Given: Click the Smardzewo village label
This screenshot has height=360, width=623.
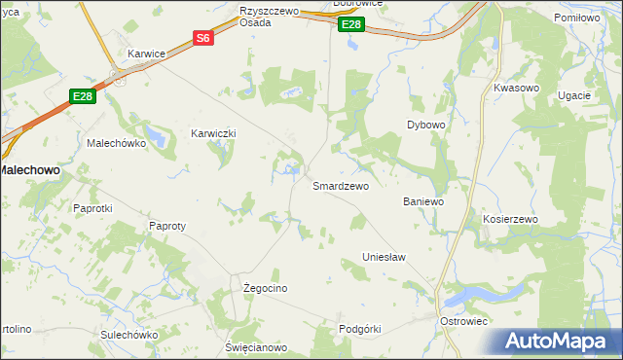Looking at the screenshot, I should click(340, 186).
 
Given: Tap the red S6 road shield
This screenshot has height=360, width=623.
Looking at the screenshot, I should click(202, 39).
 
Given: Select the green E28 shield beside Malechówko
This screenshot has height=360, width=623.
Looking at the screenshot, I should click(82, 95).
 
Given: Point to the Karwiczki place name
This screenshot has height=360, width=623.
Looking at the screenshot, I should click(214, 133).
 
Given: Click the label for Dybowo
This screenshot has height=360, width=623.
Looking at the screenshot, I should click(425, 126).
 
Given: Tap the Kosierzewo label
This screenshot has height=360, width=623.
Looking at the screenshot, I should click(510, 220).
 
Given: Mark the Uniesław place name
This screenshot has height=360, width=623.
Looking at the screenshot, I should click(384, 257).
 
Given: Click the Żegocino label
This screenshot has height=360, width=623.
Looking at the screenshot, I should click(265, 289).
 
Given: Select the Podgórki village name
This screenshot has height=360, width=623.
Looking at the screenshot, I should click(359, 329).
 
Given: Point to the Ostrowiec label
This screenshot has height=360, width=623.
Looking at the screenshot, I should click(463, 321).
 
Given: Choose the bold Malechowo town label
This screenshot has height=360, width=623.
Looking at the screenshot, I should click(28, 169).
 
